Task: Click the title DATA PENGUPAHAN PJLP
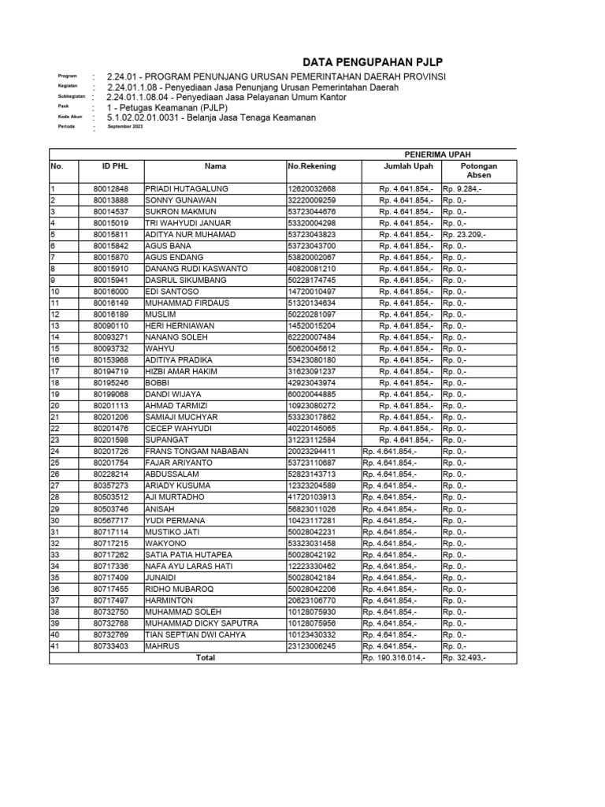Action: point(379,63)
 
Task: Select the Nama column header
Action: point(215,166)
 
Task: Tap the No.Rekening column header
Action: point(311,166)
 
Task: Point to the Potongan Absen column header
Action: point(479,171)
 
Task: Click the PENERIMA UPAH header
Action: point(438,154)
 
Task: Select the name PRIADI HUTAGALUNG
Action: point(187,189)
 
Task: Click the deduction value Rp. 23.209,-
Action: point(464,235)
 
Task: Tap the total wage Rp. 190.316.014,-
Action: point(394,657)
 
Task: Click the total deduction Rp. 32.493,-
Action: point(464,657)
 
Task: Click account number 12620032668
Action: point(311,189)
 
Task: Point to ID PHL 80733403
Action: point(109,645)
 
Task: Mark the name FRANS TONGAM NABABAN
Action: point(197,451)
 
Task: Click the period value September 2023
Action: point(125,127)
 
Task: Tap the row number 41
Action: point(55,645)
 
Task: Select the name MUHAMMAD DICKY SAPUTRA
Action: point(201,623)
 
